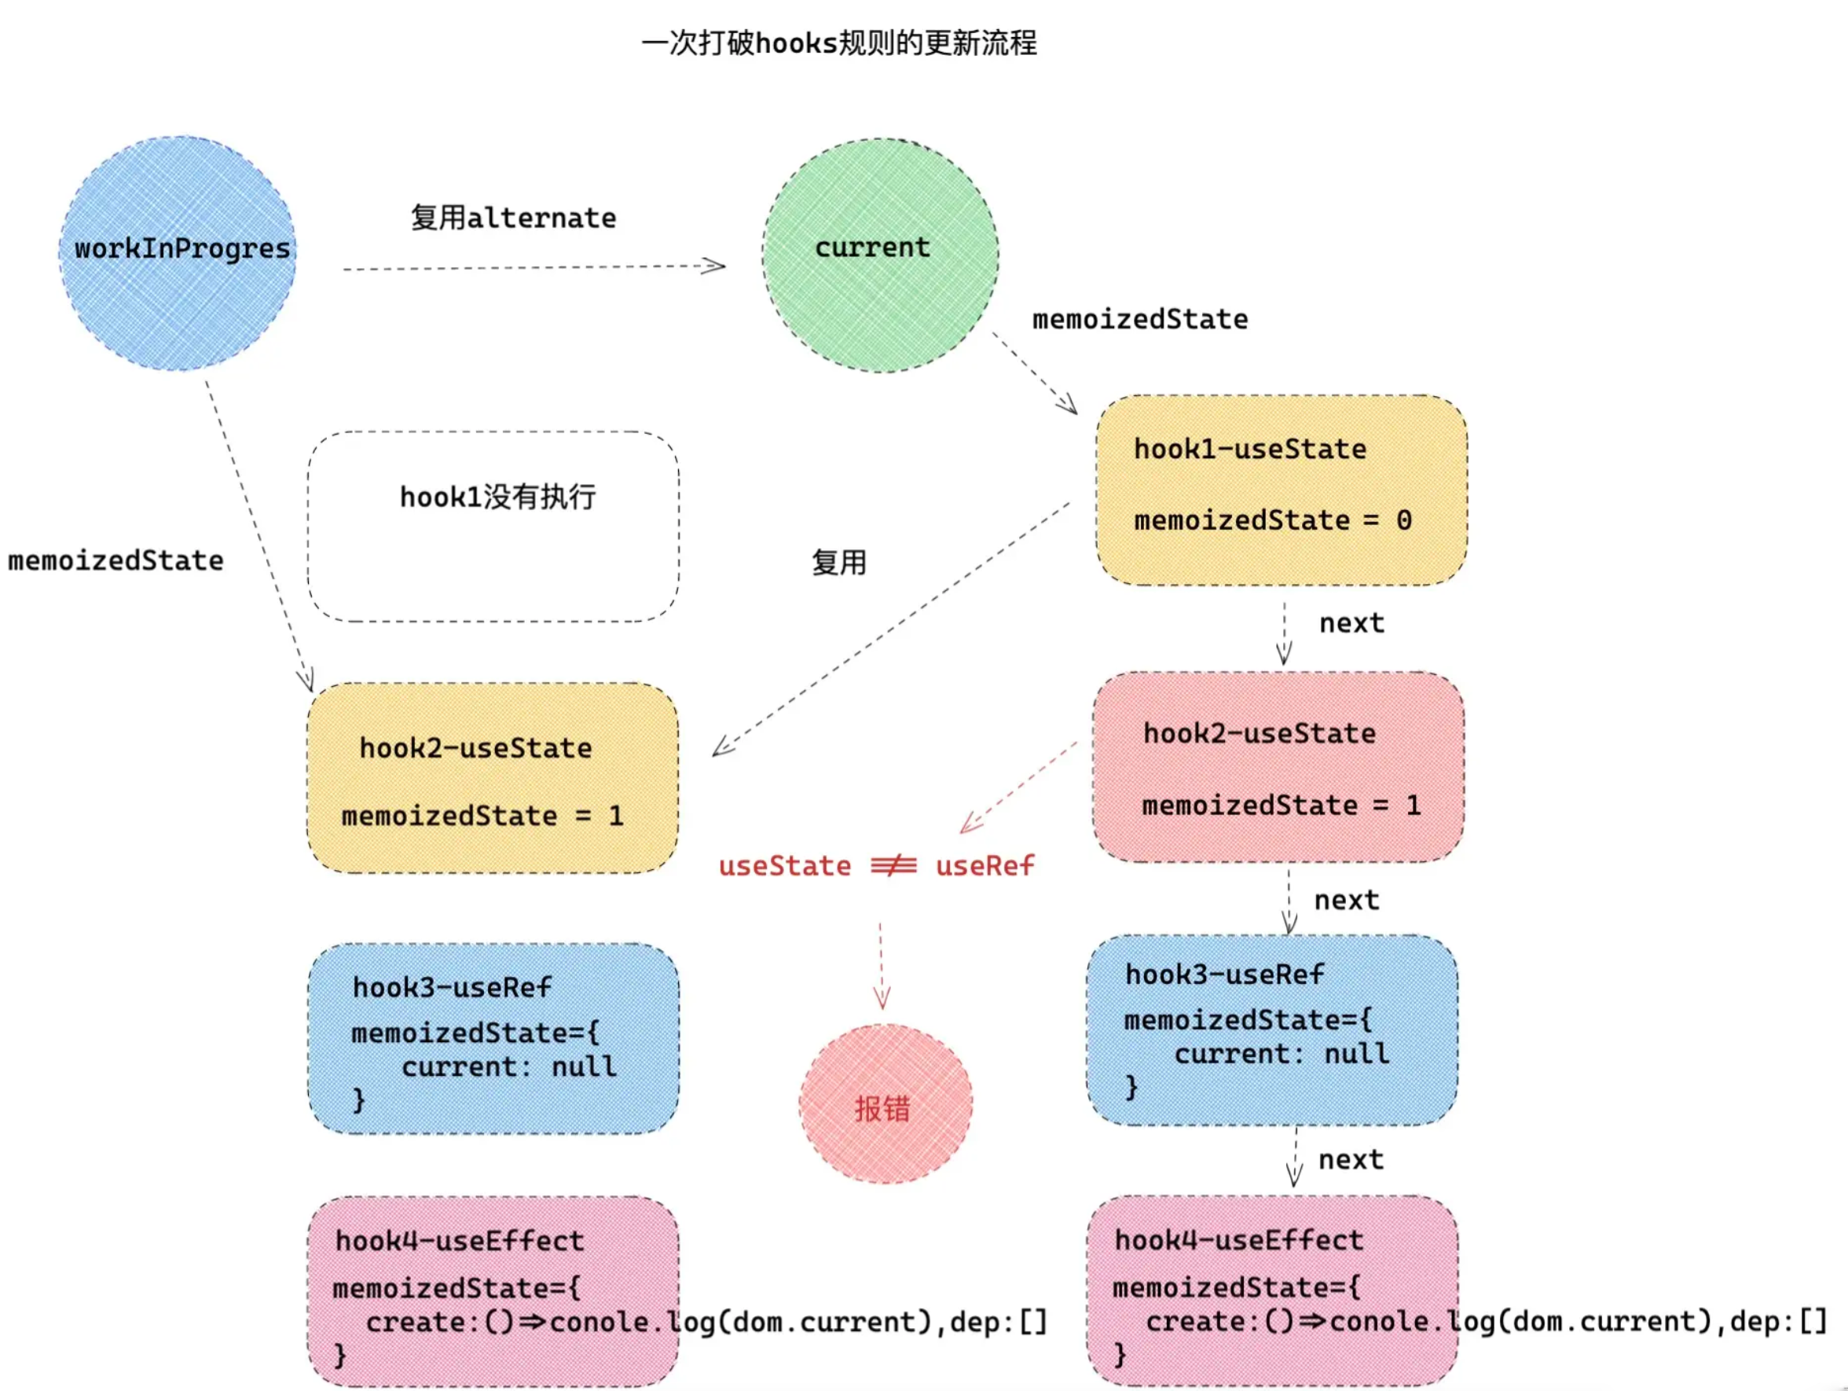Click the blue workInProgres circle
pyautogui.click(x=178, y=253)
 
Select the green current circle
pyautogui.click(x=880, y=255)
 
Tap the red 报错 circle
pyautogui.click(x=885, y=1103)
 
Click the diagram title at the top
pyautogui.click(x=839, y=42)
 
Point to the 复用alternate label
pyautogui.click(x=513, y=218)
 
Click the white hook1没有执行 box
pyautogui.click(x=493, y=527)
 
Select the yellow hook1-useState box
pyautogui.click(x=1281, y=490)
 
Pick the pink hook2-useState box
pyautogui.click(x=1278, y=766)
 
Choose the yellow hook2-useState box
pyautogui.click(x=492, y=778)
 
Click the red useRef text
pyautogui.click(x=984, y=865)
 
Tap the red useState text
pyautogui.click(x=784, y=865)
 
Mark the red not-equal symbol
pyautogui.click(x=893, y=865)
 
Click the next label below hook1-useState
pyautogui.click(x=1351, y=623)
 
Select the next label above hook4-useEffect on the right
pyautogui.click(x=1350, y=1160)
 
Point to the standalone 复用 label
pyautogui.click(x=839, y=562)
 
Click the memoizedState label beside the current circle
pyautogui.click(x=1139, y=319)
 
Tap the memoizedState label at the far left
pyautogui.click(x=115, y=560)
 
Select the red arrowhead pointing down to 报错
pyautogui.click(x=882, y=997)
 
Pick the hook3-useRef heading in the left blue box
pyautogui.click(x=451, y=988)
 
